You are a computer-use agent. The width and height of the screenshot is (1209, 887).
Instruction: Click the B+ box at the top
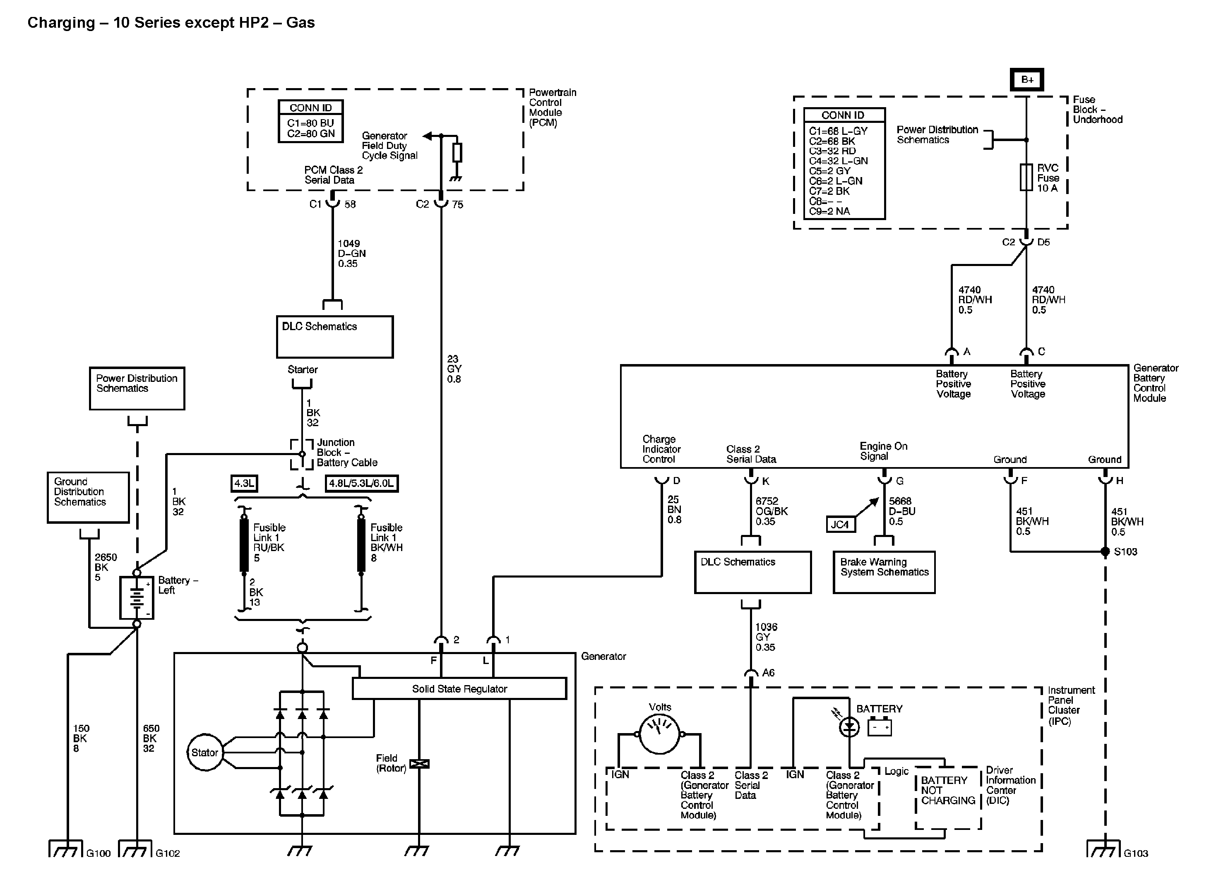click(1026, 79)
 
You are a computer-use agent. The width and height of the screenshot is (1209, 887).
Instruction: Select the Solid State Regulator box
click(459, 689)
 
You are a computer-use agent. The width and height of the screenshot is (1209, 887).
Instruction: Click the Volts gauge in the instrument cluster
click(660, 734)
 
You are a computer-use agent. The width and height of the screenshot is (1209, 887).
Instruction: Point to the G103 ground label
click(1135, 853)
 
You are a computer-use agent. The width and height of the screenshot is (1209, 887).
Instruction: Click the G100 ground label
click(98, 853)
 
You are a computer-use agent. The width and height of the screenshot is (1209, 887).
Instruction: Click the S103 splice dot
click(1105, 551)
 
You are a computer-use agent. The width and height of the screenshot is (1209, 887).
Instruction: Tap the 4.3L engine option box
click(244, 483)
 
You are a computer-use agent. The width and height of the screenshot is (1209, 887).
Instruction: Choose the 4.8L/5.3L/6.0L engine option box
click(361, 483)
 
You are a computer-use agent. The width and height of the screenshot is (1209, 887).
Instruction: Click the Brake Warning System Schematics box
click(884, 572)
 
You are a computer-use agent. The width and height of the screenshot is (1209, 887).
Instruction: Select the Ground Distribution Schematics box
click(88, 497)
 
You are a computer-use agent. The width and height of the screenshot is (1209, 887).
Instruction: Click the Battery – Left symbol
click(137, 597)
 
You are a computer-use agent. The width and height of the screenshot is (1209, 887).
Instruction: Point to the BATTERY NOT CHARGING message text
click(947, 790)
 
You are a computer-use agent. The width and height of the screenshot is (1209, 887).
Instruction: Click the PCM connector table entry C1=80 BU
click(310, 123)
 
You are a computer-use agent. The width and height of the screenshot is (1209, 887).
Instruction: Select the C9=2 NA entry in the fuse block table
click(829, 211)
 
